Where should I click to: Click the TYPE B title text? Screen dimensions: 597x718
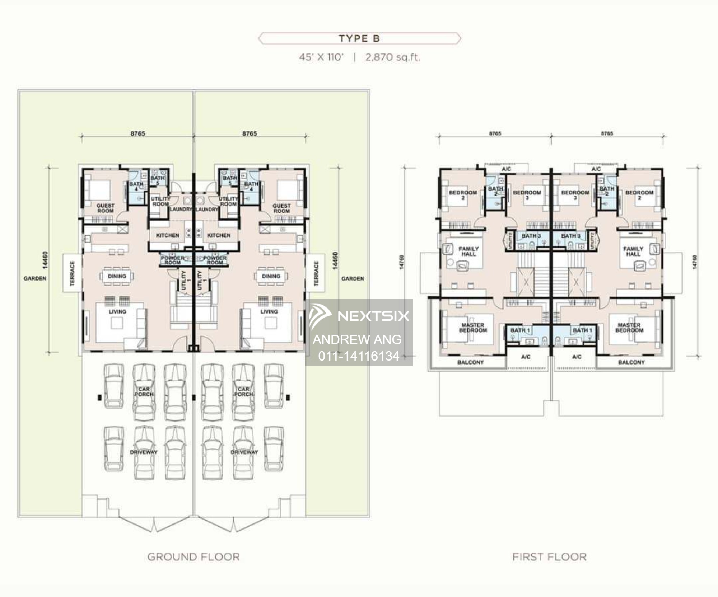pos(359,38)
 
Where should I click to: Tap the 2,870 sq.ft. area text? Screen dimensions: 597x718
pos(393,57)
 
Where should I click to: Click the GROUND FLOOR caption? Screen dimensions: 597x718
pos(194,557)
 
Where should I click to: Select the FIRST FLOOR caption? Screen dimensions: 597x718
pos(549,557)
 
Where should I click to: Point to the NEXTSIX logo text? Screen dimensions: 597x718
pos(373,316)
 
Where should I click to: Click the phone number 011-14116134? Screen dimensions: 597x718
pos(359,356)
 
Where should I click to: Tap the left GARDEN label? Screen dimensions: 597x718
pos(35,278)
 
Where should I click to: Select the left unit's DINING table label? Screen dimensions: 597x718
pos(117,276)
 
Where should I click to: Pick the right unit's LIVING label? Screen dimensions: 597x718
pos(269,311)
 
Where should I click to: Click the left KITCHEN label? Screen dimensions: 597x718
pos(167,235)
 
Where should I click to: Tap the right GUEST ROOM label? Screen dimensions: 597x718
pos(281,208)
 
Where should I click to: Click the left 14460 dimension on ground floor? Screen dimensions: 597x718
pos(45,260)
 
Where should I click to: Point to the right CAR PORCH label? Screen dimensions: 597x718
pos(244,391)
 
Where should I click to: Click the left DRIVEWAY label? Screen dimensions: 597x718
pos(144,452)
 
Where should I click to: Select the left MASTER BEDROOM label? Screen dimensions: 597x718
pos(473,328)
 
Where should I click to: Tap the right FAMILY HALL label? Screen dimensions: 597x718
pos(633,251)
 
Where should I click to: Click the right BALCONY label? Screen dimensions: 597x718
pos(631,362)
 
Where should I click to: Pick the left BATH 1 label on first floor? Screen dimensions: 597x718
pos(520,330)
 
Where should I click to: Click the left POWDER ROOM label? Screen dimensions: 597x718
pos(173,260)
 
